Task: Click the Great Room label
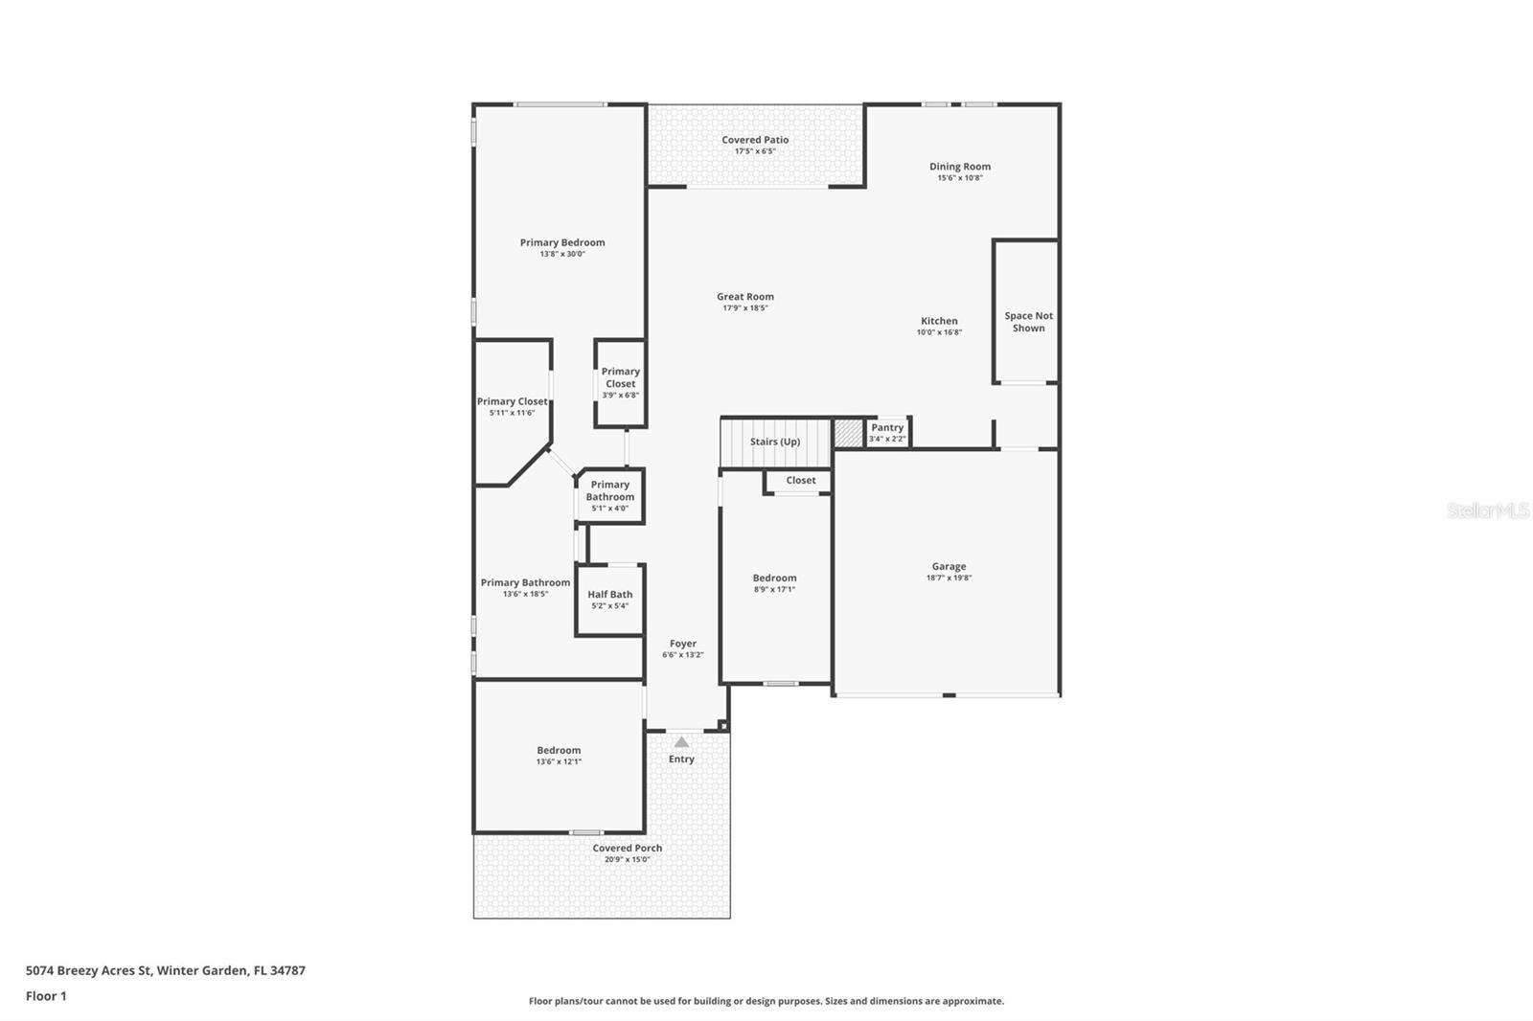click(745, 296)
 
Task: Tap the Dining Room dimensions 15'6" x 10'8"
click(959, 178)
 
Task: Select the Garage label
click(949, 566)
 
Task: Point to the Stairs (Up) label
click(775, 442)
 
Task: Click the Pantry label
click(887, 427)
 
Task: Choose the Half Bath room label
click(609, 594)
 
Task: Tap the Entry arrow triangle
click(681, 741)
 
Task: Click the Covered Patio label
click(755, 140)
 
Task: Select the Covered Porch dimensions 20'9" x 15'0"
click(627, 859)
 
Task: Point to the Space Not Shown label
click(1029, 322)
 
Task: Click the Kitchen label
click(939, 320)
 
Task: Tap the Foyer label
click(683, 644)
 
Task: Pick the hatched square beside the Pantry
click(849, 433)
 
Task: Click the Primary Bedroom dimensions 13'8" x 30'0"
click(562, 254)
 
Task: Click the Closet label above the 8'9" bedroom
click(801, 481)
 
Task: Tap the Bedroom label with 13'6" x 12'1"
click(559, 750)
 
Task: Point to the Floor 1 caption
click(47, 996)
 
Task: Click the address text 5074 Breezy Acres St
click(88, 970)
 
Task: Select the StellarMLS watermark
click(1488, 510)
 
